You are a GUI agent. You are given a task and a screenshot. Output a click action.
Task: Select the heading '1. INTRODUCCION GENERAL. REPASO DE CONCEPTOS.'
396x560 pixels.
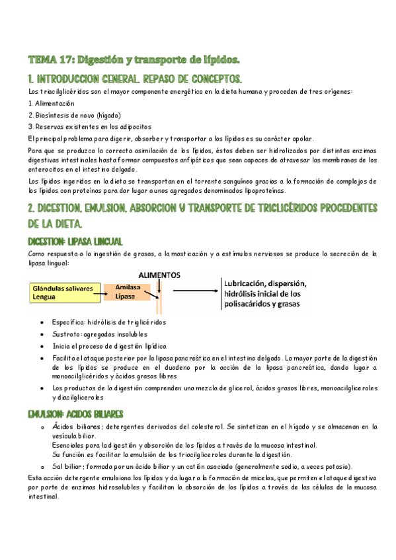(x=135, y=78)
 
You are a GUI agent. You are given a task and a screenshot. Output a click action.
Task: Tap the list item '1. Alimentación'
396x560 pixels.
(x=51, y=103)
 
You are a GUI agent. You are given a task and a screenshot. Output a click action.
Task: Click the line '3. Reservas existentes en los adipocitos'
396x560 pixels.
(x=89, y=126)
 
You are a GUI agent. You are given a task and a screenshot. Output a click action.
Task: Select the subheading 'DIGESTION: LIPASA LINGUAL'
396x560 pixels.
(x=75, y=241)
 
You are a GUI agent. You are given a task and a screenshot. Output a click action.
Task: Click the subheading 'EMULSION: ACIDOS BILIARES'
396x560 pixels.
(x=75, y=414)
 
